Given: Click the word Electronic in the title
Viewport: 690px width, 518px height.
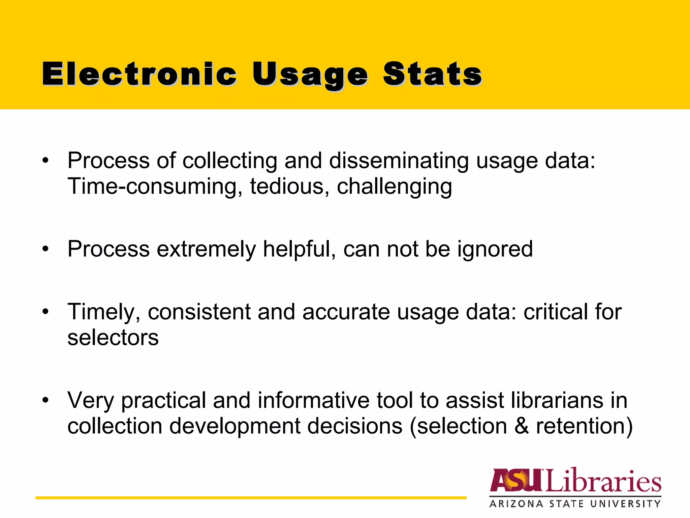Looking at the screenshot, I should click(x=139, y=74).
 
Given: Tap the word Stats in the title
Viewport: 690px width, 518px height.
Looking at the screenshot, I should click(x=432, y=74).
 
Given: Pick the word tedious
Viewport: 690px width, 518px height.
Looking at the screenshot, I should click(x=287, y=186).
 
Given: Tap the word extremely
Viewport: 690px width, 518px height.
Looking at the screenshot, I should click(x=207, y=250).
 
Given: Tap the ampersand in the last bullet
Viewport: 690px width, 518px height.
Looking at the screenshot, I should click(x=522, y=426).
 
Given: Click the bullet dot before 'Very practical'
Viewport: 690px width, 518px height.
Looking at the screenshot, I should click(x=45, y=400).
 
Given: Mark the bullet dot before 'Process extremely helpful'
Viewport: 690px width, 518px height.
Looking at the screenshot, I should click(x=45, y=250).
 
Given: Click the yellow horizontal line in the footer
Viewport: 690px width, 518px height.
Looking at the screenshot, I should click(x=251, y=498).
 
